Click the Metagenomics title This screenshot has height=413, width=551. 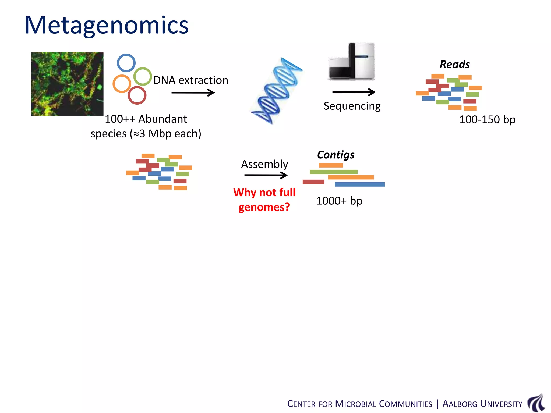click(x=107, y=25)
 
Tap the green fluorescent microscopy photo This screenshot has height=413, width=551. click(x=67, y=84)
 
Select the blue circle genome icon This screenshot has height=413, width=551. click(x=126, y=63)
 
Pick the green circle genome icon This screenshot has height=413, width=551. click(x=143, y=76)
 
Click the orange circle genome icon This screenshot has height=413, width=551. click(x=122, y=84)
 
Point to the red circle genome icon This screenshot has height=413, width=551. click(x=137, y=95)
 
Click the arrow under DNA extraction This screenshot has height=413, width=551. click(x=193, y=93)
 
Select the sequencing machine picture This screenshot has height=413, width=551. click(x=351, y=61)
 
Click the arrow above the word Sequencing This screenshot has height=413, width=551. click(x=354, y=92)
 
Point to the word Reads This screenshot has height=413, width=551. click(x=455, y=65)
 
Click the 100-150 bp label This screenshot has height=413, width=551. click(x=487, y=120)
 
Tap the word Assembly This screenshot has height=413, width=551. click(x=264, y=164)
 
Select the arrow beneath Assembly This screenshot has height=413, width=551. click(x=266, y=175)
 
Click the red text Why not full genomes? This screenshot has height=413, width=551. click(x=264, y=200)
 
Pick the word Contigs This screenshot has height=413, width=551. click(x=335, y=155)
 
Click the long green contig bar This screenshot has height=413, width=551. click(x=333, y=172)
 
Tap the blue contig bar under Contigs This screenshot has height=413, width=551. click(x=359, y=184)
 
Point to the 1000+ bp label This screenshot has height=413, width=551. click(x=339, y=201)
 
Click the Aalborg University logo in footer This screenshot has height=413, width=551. click(x=536, y=403)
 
